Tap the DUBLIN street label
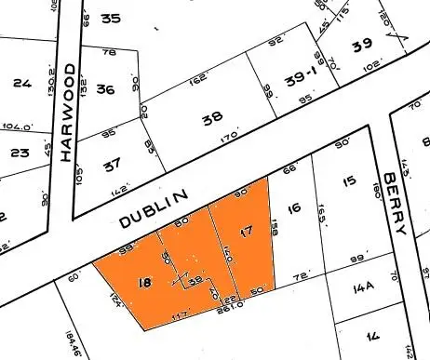(x=155, y=208)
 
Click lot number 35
(x=112, y=19)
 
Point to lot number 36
(x=105, y=89)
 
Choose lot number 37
(x=113, y=164)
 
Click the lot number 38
(x=212, y=119)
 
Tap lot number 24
(x=22, y=83)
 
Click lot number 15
(x=349, y=180)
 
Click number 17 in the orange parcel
(x=246, y=230)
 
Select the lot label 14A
(x=364, y=288)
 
